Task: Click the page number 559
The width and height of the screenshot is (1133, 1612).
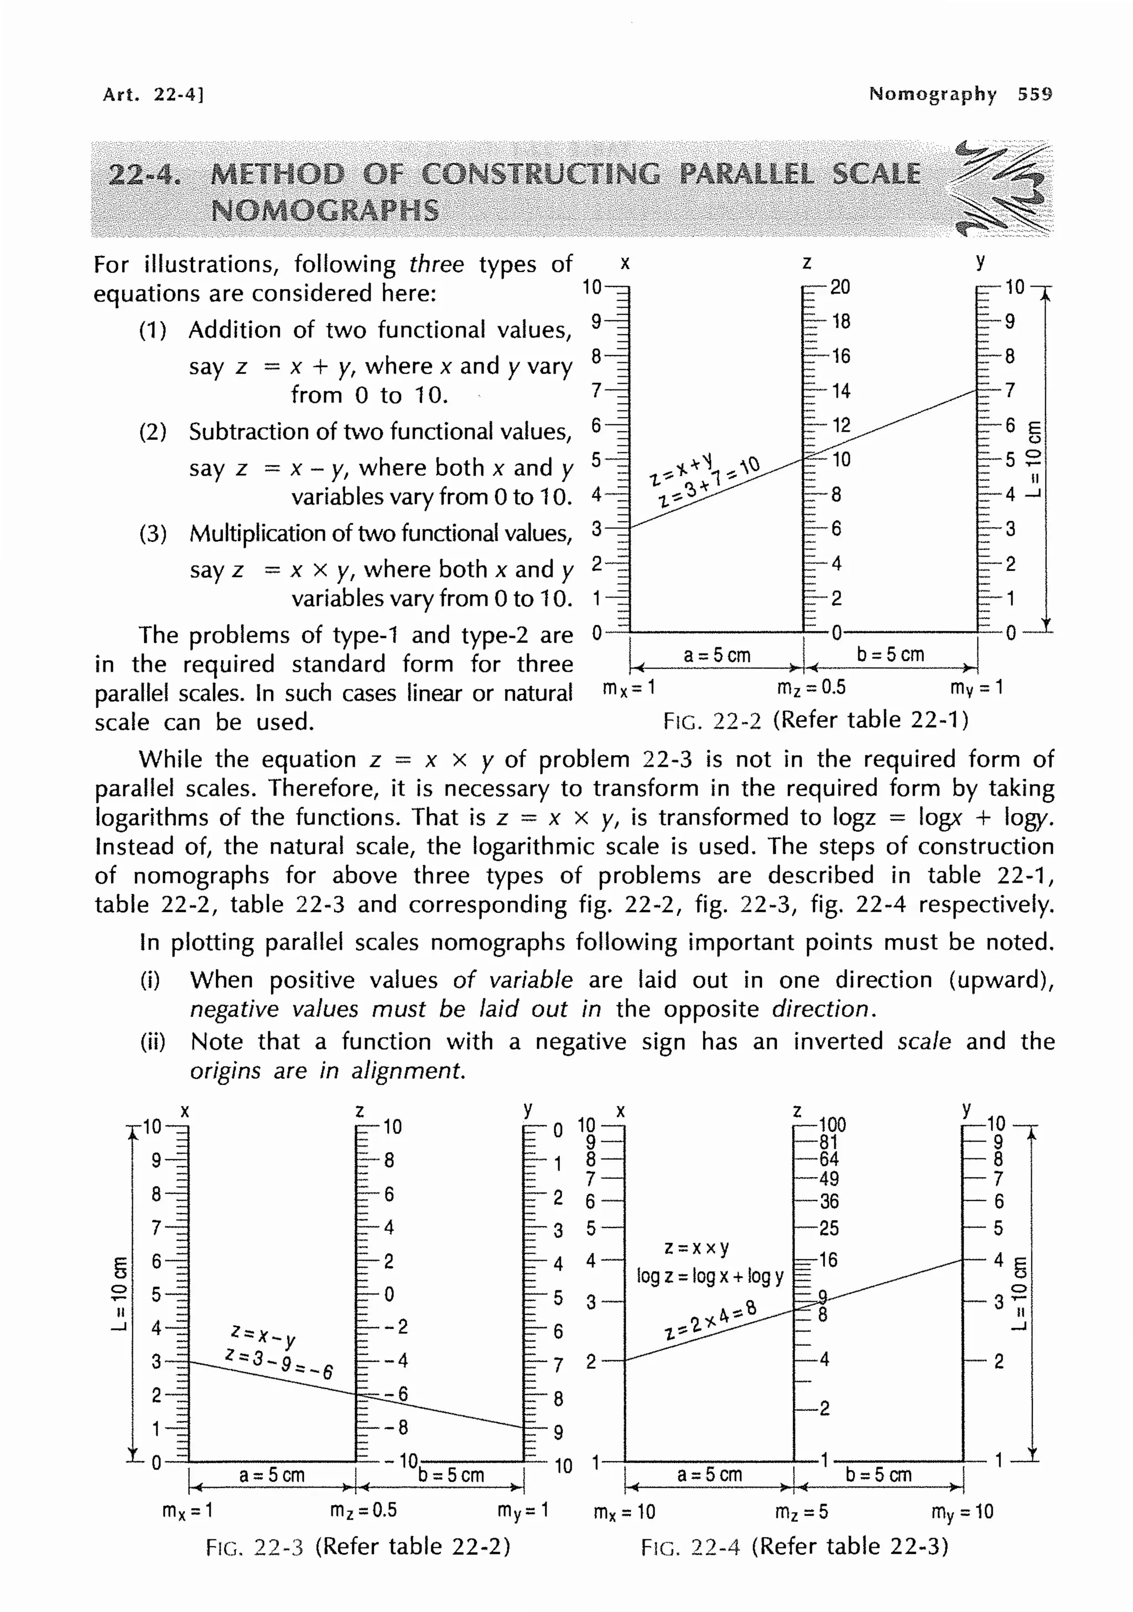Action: pos(1035,94)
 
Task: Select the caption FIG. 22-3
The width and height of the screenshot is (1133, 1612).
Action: pos(254,1546)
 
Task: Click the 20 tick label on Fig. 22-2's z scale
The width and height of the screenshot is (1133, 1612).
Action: pos(840,287)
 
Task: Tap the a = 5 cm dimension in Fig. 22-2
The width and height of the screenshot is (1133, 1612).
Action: pos(717,655)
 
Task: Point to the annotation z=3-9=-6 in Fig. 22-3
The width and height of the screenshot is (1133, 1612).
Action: pos(279,1362)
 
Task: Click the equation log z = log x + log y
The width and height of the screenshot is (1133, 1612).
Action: pos(710,1276)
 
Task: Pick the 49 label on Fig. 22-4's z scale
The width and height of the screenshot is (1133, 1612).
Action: pos(829,1179)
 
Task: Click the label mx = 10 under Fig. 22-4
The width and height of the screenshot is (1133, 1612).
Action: pos(624,1512)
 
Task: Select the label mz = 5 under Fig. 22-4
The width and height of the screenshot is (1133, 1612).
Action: pos(801,1512)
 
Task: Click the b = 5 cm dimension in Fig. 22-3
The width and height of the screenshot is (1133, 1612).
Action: pos(451,1474)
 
